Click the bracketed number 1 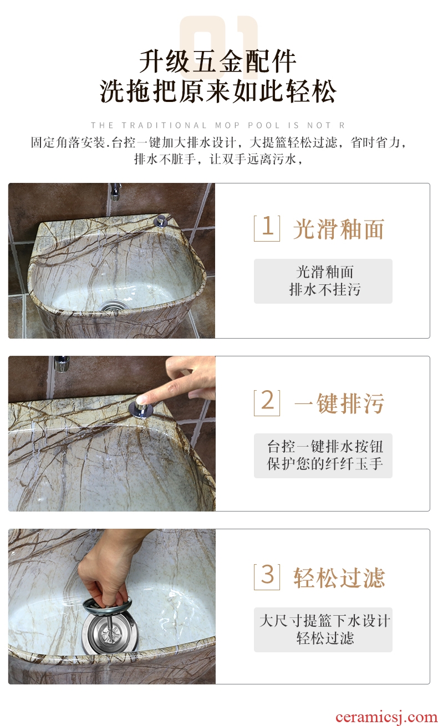pos(267,228)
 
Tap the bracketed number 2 pos(267,402)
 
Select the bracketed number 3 pos(267,576)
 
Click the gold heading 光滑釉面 pos(339,229)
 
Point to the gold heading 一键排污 pos(339,403)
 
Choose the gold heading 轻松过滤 pos(339,578)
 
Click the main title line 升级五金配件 pos(217,62)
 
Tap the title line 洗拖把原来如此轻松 pos(217,91)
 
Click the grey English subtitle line pos(217,125)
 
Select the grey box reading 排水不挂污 pos(323,281)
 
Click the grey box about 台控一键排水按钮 pos(323,456)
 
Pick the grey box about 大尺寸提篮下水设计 pos(323,630)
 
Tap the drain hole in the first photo pos(113,305)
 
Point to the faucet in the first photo pos(115,191)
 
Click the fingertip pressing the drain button pos(142,400)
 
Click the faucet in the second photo pos(62,364)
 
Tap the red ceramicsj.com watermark pos(386,717)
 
